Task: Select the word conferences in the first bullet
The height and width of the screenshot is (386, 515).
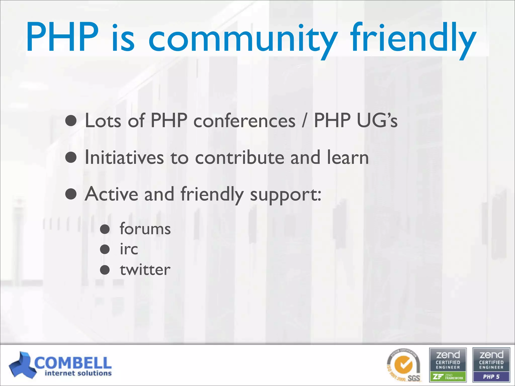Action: [244, 121]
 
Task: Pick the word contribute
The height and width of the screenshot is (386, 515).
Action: [239, 157]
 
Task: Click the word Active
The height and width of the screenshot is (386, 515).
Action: [111, 194]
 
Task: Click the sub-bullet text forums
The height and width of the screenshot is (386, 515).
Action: [145, 229]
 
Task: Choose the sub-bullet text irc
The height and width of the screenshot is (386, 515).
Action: [129, 249]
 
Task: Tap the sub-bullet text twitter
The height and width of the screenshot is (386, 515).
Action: [145, 270]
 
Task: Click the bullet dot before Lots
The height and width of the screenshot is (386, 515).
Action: [71, 121]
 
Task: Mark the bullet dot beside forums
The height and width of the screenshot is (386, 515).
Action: [105, 229]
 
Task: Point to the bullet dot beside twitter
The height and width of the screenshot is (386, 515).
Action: [105, 270]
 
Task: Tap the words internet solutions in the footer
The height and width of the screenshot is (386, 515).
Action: [78, 373]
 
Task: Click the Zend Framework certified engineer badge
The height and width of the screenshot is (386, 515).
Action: [448, 365]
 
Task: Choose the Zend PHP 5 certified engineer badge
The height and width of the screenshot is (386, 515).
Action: [491, 365]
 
